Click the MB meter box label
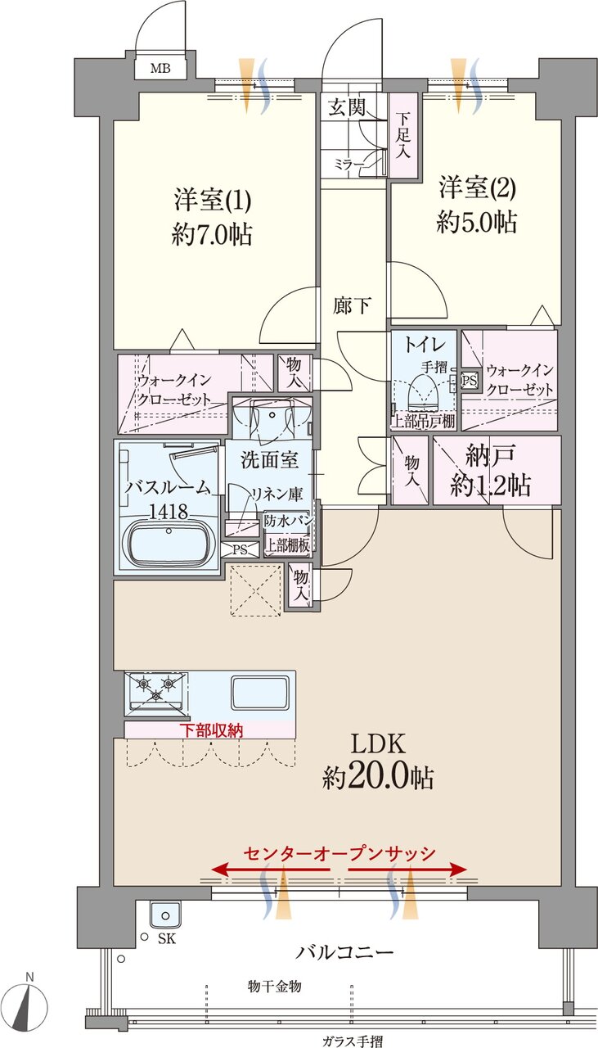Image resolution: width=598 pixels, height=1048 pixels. [160, 69]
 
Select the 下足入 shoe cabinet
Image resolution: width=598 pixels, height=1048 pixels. [403, 135]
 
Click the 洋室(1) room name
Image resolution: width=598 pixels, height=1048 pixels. [213, 200]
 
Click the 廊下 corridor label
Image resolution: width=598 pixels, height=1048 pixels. [352, 306]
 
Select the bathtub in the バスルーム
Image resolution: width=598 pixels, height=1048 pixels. [169, 544]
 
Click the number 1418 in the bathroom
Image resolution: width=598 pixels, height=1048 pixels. [169, 512]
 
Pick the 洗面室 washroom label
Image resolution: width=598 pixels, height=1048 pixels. [270, 460]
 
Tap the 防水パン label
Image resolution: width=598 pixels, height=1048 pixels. [288, 520]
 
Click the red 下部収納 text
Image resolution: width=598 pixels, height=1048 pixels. [212, 730]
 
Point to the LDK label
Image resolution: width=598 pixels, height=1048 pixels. [378, 744]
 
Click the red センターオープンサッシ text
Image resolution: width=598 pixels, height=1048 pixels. [339, 852]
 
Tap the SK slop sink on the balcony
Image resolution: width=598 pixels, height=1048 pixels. [164, 915]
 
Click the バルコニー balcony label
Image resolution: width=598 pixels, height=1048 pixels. [344, 951]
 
